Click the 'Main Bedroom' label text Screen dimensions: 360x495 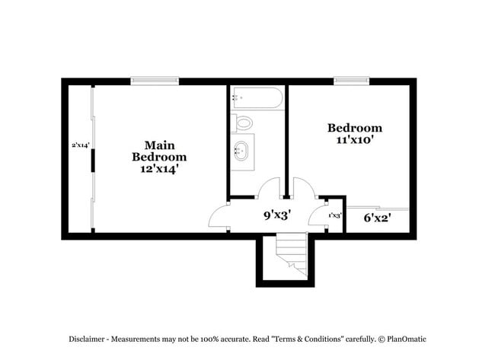click(158, 151)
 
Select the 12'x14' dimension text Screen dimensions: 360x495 click(158, 170)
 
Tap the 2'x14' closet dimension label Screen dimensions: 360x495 click(81, 144)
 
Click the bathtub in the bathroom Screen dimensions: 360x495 click(257, 97)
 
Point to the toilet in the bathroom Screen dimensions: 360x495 click(244, 122)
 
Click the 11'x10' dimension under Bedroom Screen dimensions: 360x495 click(354, 140)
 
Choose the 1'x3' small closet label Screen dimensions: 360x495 click(334, 215)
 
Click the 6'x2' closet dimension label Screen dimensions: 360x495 click(378, 218)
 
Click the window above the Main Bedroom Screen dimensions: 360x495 click(155, 80)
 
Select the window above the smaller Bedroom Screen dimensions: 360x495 click(351, 80)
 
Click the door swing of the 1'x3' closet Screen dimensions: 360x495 click(318, 215)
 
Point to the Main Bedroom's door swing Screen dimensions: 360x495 click(219, 215)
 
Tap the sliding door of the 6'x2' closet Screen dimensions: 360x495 click(378, 207)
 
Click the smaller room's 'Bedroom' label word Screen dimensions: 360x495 click(354, 128)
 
